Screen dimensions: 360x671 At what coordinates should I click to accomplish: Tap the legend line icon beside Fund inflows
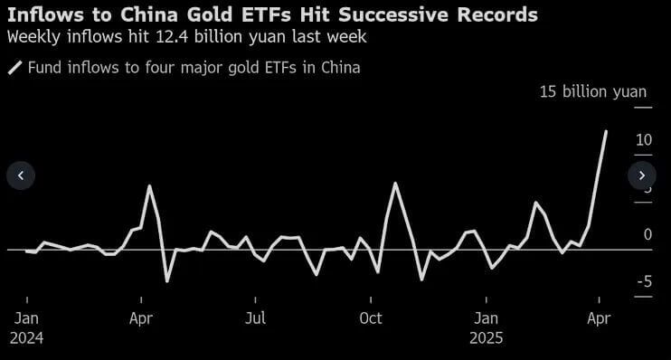tap(14, 68)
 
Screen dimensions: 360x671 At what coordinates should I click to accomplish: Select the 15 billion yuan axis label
tap(593, 91)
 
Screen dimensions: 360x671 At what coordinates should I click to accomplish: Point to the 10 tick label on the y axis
tap(644, 140)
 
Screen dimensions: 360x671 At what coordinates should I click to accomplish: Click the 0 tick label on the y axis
tap(647, 234)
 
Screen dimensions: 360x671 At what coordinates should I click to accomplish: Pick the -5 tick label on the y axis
tap(644, 282)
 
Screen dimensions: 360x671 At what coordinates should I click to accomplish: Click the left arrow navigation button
tap(21, 175)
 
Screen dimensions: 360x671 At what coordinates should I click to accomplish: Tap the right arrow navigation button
tap(642, 175)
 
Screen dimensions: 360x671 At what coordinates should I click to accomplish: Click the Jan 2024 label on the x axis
tap(27, 327)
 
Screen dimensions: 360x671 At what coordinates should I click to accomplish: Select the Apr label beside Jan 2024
tap(141, 318)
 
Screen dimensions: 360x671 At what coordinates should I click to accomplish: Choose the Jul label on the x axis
tap(256, 318)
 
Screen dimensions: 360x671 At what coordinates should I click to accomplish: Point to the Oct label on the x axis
tap(371, 318)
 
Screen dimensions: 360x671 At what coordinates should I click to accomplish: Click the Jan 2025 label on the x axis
tap(487, 327)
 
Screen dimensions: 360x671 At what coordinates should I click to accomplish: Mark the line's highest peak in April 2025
tap(605, 131)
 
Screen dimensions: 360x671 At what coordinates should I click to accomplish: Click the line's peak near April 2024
tap(150, 186)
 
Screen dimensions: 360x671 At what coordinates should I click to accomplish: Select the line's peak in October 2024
tap(395, 184)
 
